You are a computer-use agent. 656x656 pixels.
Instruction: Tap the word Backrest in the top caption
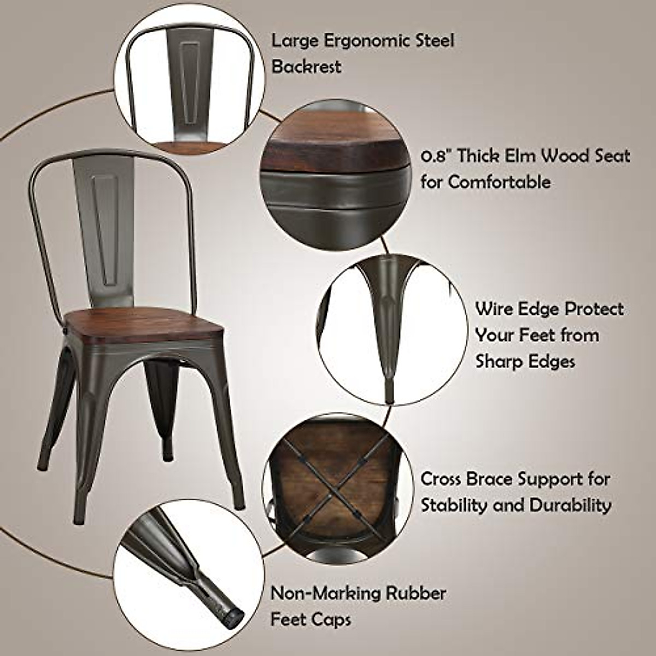[307, 67]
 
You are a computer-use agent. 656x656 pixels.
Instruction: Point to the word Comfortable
[499, 183]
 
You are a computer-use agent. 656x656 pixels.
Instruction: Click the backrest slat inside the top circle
[191, 82]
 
